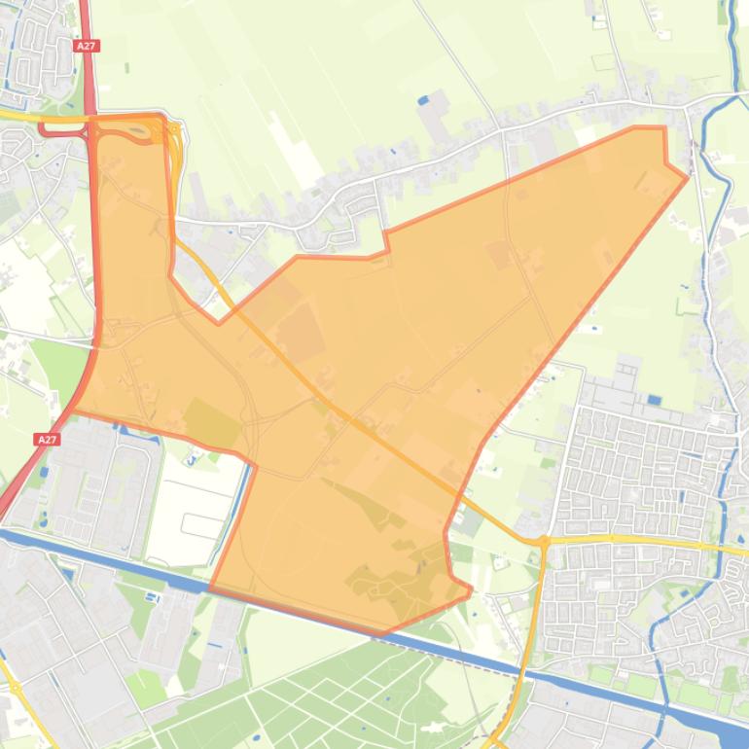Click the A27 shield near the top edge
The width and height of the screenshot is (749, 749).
(86, 45)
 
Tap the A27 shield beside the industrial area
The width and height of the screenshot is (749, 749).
(47, 440)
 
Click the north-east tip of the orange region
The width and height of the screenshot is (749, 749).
(687, 176)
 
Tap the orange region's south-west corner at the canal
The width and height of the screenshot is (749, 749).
(210, 588)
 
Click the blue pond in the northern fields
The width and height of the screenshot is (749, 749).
(421, 99)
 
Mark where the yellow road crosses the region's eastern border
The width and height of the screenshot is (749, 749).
(454, 499)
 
